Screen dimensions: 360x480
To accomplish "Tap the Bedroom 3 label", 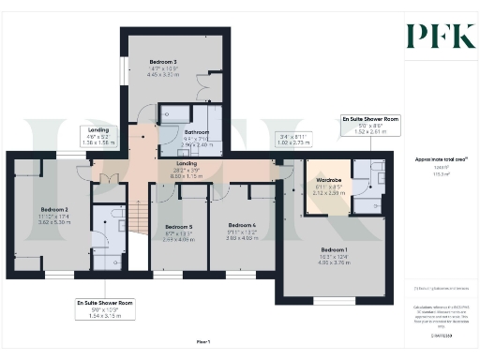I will pos(163,62).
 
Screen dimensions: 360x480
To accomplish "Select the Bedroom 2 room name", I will pos(54,209).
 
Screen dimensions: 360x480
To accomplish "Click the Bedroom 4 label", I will pos(242,225).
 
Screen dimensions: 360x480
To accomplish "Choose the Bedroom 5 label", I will pos(177,227).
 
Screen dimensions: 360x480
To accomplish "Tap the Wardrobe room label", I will pos(328,179).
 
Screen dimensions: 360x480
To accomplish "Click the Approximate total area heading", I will pos(434,160).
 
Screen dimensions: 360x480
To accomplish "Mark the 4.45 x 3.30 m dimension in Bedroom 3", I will pos(163,75).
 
